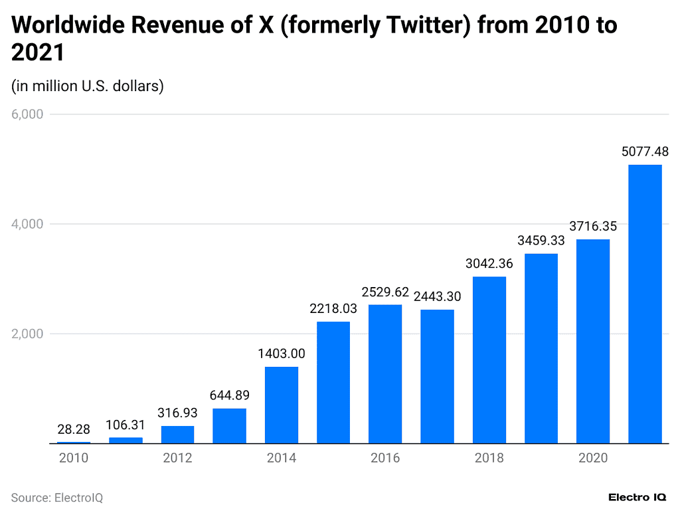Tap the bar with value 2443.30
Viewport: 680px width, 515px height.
tap(437, 376)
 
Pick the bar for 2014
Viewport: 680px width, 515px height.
tap(282, 405)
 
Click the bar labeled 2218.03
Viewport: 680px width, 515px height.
tap(333, 382)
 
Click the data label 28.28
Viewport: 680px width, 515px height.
tap(73, 429)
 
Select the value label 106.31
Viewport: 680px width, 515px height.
tap(126, 425)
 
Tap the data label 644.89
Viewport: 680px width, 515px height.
tap(229, 396)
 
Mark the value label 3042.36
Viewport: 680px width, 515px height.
tap(489, 264)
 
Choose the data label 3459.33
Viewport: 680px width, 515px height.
tap(541, 241)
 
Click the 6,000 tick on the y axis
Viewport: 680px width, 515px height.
tap(27, 114)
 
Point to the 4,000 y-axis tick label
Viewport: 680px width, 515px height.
tap(27, 224)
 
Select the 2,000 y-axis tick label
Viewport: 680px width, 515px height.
tap(27, 334)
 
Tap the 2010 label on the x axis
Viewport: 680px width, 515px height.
tap(73, 458)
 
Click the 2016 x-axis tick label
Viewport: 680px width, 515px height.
tap(385, 458)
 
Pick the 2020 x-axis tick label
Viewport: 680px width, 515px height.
tap(593, 458)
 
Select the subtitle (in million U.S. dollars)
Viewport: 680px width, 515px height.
tap(88, 86)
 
